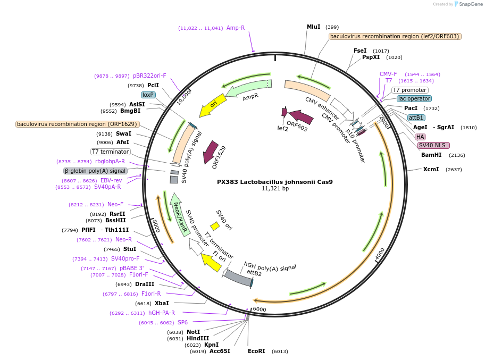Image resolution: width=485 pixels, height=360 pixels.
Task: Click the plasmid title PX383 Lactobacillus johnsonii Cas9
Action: (274, 181)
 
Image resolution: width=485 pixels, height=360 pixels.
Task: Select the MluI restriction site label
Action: (313, 27)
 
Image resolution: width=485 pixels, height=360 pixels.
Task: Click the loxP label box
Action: (148, 95)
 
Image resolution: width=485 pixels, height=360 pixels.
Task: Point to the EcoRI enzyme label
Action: (256, 351)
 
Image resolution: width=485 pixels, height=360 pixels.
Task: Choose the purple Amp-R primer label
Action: (236, 28)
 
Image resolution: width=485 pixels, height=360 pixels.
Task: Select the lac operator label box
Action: (414, 99)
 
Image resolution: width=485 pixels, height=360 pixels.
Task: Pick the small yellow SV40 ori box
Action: (215, 227)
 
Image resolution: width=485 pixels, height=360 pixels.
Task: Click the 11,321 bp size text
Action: (274, 189)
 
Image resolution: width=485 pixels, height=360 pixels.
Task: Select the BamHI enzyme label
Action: (431, 155)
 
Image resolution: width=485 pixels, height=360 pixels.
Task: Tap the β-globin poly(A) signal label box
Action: (95, 171)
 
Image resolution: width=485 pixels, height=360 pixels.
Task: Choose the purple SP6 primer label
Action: (182, 322)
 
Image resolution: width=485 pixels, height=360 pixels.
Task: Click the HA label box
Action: (420, 137)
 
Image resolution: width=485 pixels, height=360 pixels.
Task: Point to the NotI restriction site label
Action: (193, 332)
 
